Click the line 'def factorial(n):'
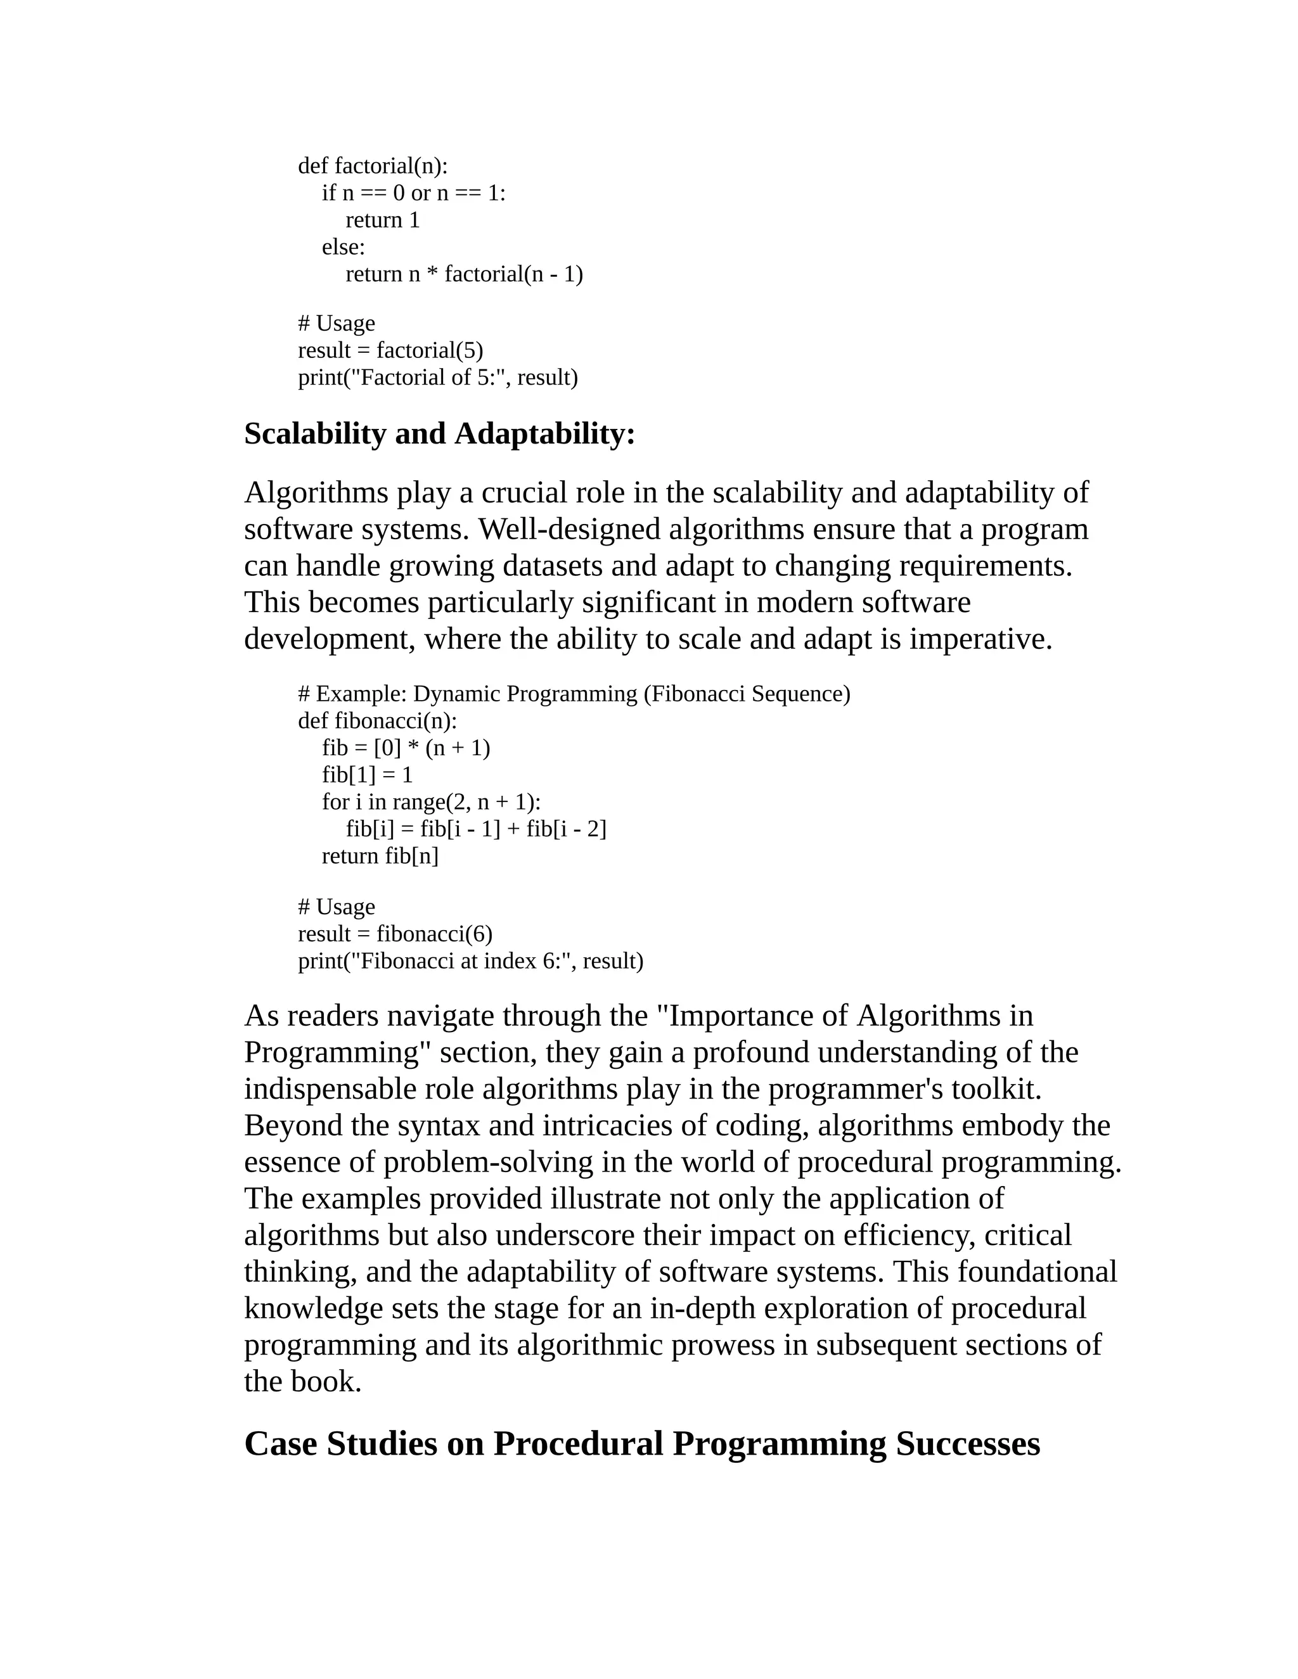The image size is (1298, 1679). [x=372, y=166]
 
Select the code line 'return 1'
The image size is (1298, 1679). [x=382, y=220]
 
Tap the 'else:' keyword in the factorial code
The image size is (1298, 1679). [x=343, y=248]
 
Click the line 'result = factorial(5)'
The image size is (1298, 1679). [x=390, y=350]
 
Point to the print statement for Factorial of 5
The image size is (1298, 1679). [x=437, y=378]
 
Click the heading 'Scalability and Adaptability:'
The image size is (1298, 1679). [x=439, y=435]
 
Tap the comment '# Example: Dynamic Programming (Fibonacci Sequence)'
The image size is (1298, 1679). [x=574, y=694]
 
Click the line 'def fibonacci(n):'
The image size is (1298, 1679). [x=377, y=721]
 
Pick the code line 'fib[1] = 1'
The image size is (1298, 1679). [x=367, y=775]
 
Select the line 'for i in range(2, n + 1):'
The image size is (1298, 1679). [x=430, y=803]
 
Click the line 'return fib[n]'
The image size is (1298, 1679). [x=380, y=857]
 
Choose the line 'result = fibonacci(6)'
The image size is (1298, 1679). [x=395, y=934]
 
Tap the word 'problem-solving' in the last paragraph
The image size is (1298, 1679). [x=488, y=1163]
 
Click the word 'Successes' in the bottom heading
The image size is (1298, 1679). [x=967, y=1445]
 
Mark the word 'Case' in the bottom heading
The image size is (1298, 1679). [x=280, y=1445]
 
